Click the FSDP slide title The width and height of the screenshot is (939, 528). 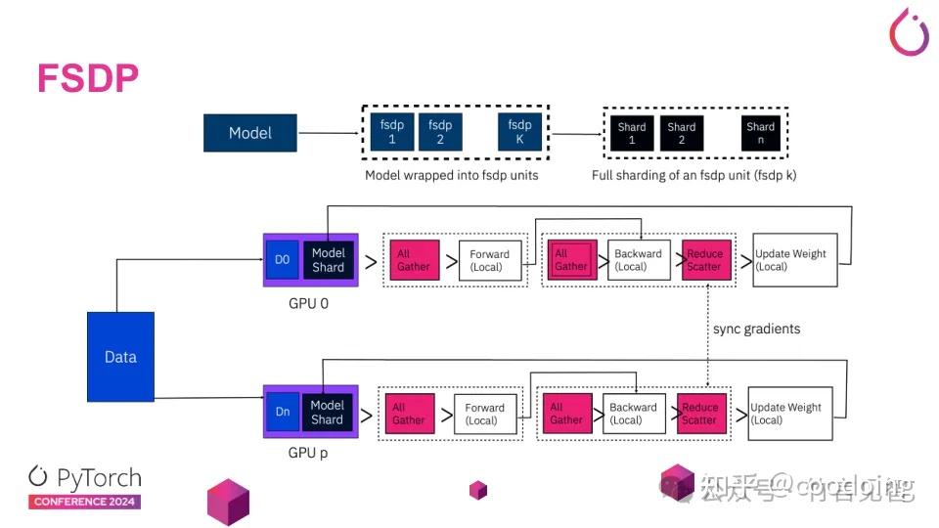pyautogui.click(x=87, y=78)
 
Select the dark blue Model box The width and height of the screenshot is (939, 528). pyautogui.click(x=249, y=133)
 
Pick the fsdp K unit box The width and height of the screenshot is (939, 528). pyautogui.click(x=519, y=132)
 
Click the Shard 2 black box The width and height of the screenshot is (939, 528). pyautogui.click(x=681, y=134)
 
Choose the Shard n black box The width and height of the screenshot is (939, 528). pyautogui.click(x=760, y=134)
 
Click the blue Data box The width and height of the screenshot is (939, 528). pyautogui.click(x=120, y=357)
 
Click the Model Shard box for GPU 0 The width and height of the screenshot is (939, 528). pyautogui.click(x=328, y=260)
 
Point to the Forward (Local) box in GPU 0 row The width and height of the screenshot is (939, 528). pyautogui.click(x=489, y=261)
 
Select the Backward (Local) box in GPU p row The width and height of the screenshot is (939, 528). pyautogui.click(x=633, y=414)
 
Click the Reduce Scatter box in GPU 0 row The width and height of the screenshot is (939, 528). pyautogui.click(x=703, y=260)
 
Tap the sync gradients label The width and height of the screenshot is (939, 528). pyautogui.click(x=756, y=329)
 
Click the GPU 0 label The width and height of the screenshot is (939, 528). pyautogui.click(x=308, y=303)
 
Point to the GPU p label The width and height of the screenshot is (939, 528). pyautogui.click(x=308, y=454)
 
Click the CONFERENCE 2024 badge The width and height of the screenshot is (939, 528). pyautogui.click(x=85, y=502)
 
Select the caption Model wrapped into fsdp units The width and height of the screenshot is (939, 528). pyautogui.click(x=451, y=176)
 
